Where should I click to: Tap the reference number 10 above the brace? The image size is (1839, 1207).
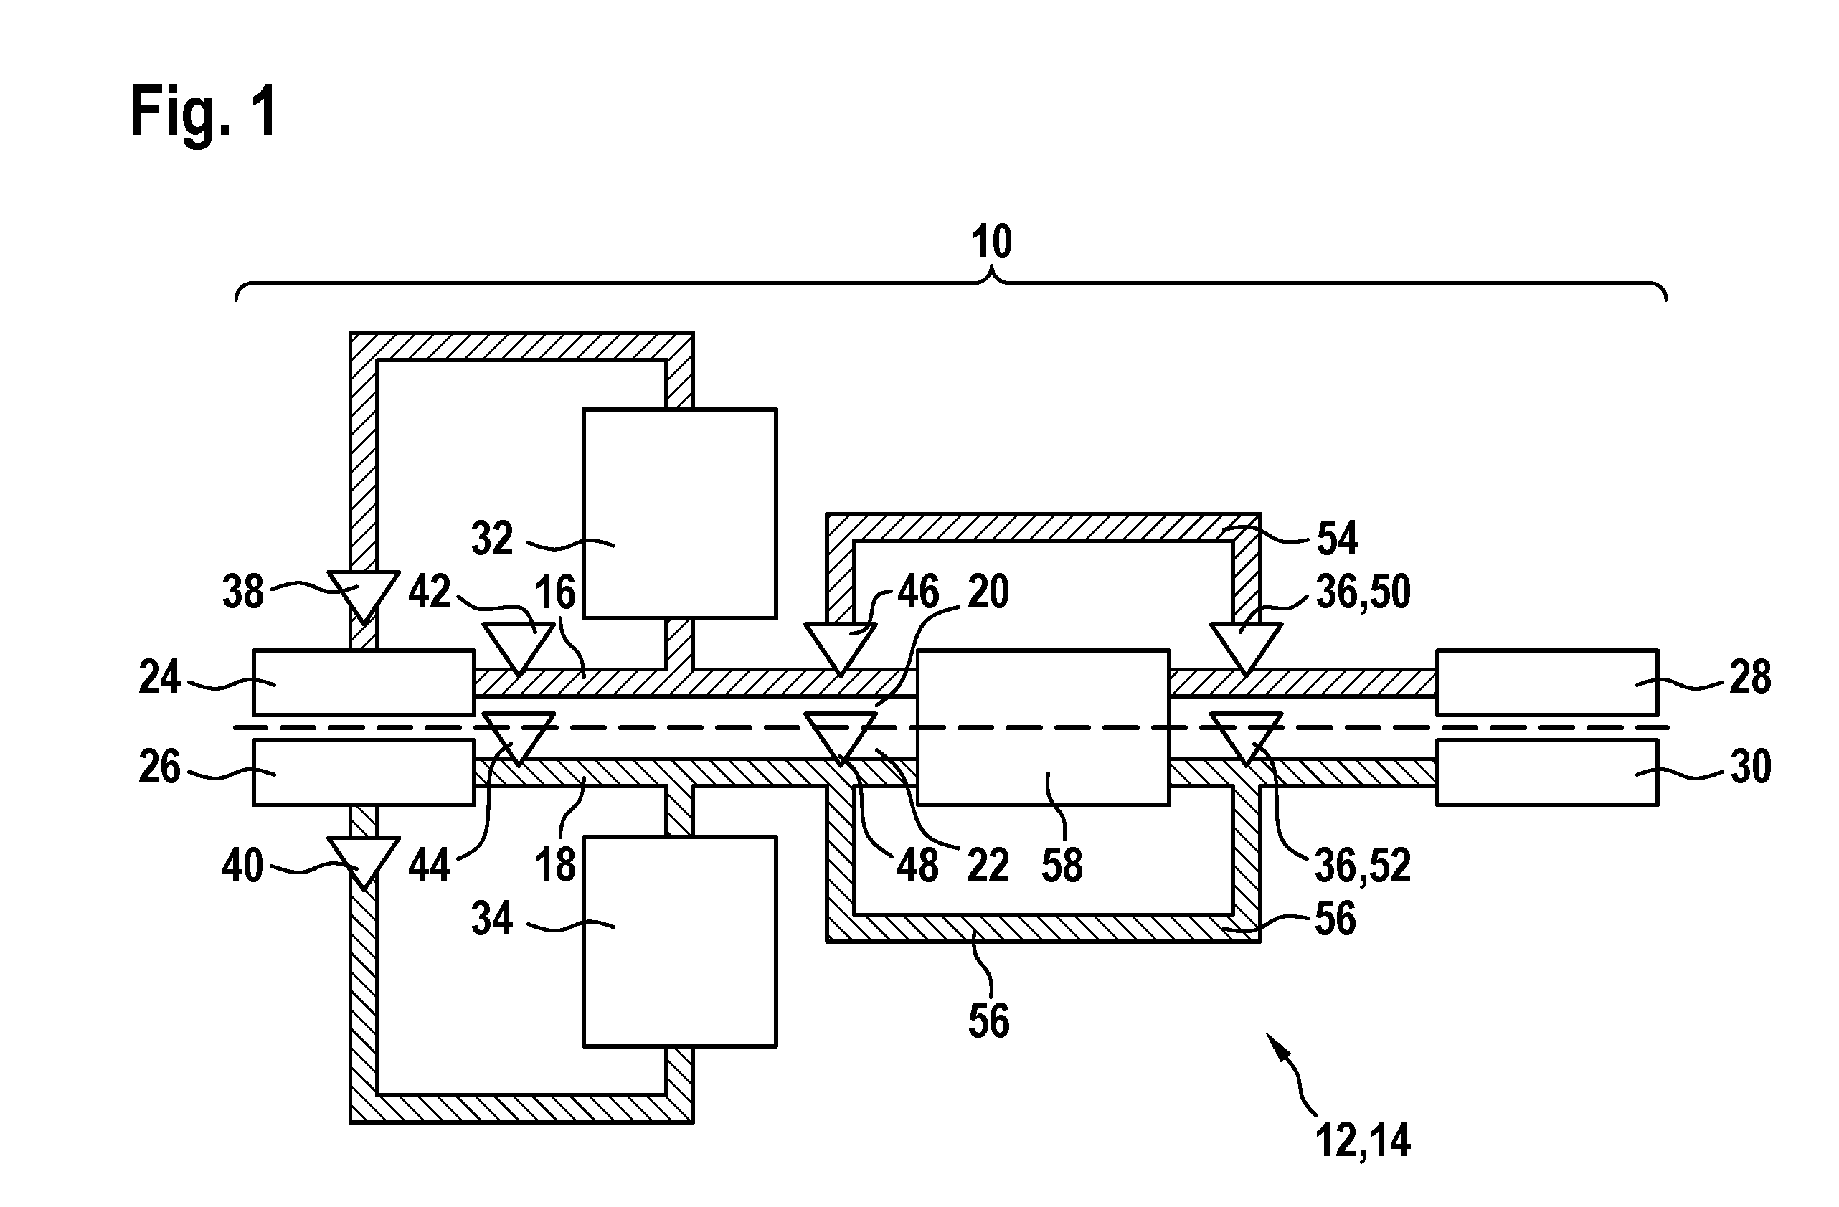click(x=991, y=242)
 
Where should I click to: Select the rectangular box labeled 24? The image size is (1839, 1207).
click(x=364, y=682)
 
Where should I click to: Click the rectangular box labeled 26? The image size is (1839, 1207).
click(x=364, y=772)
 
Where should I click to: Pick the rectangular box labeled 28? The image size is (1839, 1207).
click(x=1547, y=682)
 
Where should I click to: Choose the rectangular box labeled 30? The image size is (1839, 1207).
click(x=1547, y=772)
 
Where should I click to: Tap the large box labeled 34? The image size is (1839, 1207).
click(x=680, y=942)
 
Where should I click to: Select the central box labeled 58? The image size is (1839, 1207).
click(x=1043, y=728)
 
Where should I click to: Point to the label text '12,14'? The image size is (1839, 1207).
click(x=1363, y=1140)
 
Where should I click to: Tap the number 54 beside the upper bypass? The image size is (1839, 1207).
click(x=1337, y=539)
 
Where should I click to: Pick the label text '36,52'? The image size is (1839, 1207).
click(x=1363, y=866)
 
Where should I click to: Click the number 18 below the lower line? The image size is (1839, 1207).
click(x=556, y=865)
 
